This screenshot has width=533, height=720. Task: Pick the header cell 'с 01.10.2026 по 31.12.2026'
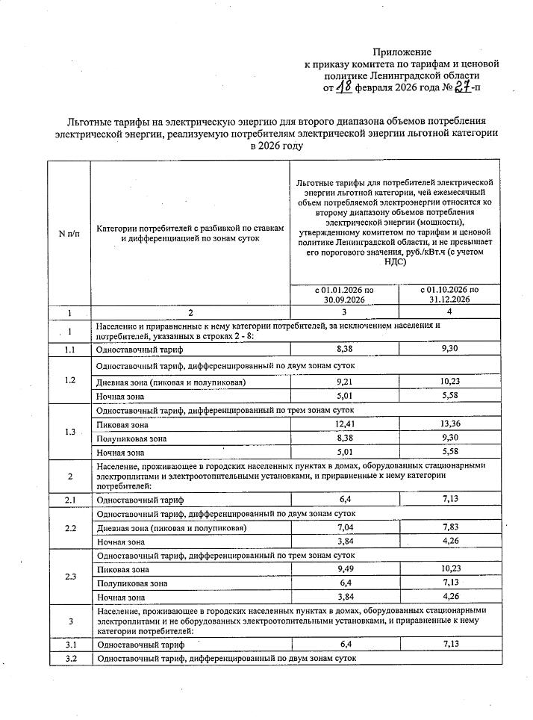click(x=449, y=294)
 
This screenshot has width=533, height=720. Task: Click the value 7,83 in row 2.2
click(x=449, y=528)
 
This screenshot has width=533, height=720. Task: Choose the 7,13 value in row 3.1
click(x=449, y=644)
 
